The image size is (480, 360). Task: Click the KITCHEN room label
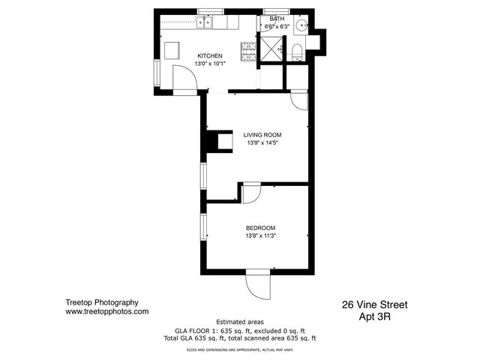[x=210, y=56]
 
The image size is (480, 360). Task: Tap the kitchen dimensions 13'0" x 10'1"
[x=210, y=64]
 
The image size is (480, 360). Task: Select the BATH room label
[x=277, y=19]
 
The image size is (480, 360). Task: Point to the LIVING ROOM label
[x=262, y=135]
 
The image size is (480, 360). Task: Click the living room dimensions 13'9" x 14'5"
[x=262, y=142]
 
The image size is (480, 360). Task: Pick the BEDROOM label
[x=260, y=228]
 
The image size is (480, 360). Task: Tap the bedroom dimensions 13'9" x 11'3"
[x=260, y=235]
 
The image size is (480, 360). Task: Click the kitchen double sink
[x=204, y=22]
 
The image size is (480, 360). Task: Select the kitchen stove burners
[x=248, y=52]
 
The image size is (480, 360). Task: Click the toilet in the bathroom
[x=297, y=52]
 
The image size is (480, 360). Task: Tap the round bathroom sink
[x=301, y=24]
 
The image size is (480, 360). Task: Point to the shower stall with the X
[x=271, y=49]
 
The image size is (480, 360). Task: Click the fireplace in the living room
[x=220, y=141]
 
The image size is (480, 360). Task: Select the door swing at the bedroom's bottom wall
[x=258, y=285]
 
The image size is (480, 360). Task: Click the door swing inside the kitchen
[x=185, y=78]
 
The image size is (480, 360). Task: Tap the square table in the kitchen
[x=172, y=50]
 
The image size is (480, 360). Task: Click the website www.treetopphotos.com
[x=106, y=312]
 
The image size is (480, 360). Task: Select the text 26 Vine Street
[x=375, y=305]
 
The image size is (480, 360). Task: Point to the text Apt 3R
[x=375, y=316]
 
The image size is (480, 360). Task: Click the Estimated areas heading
[x=240, y=322]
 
